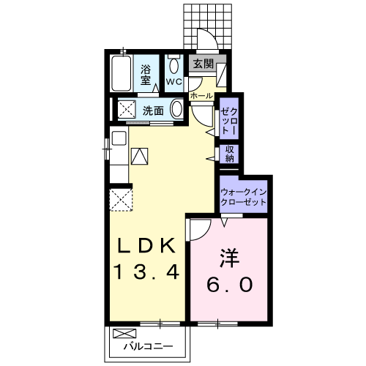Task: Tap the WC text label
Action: pyautogui.click(x=173, y=81)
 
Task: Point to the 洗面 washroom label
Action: pyautogui.click(x=152, y=111)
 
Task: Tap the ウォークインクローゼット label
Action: pyautogui.click(x=244, y=195)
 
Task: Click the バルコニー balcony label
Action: pyautogui.click(x=147, y=345)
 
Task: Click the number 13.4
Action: pyautogui.click(x=146, y=272)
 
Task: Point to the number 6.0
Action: pyautogui.click(x=230, y=283)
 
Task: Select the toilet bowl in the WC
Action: pyautogui.click(x=173, y=65)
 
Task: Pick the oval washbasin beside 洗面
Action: pyautogui.click(x=177, y=111)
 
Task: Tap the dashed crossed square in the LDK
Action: pyautogui.click(x=119, y=199)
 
